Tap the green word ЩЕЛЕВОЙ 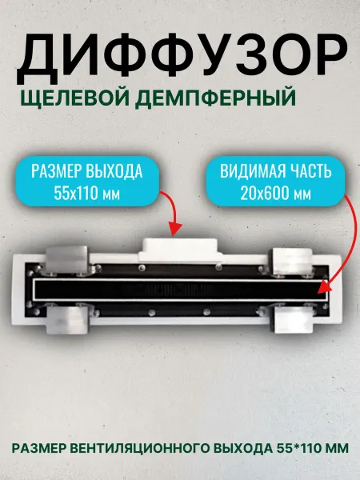pos(75,98)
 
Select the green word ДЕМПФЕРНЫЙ pos(215,98)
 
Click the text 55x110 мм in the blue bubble pos(87,193)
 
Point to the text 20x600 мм pos(276,193)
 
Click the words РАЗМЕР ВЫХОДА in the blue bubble pos(87,171)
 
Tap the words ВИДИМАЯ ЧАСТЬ pos(276,171)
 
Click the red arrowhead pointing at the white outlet pos(175,230)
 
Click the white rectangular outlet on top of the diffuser pos(180,250)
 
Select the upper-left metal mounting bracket pos(67,259)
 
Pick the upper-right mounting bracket pos(291,261)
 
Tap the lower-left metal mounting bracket pos(67,319)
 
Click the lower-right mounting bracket pos(292,319)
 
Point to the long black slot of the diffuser pos(180,290)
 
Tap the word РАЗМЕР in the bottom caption pos(39,449)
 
